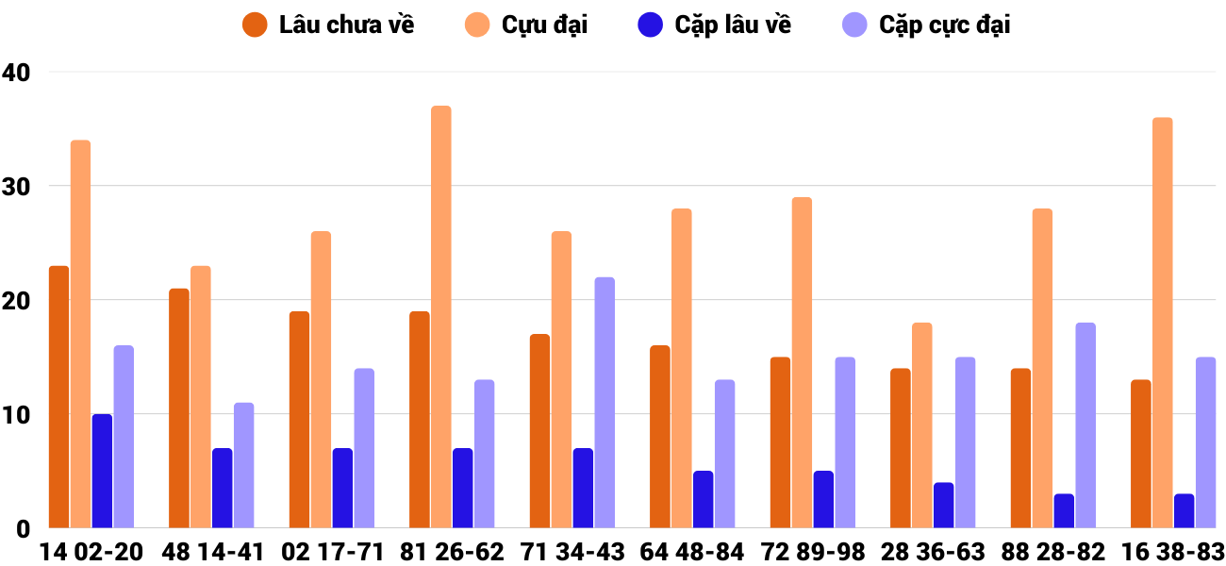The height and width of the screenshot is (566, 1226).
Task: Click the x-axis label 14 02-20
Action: point(91,552)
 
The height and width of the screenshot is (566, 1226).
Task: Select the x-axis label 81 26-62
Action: point(452,552)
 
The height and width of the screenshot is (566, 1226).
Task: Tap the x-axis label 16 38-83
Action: point(1172,552)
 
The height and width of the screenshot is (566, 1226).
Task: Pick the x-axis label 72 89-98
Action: point(812,552)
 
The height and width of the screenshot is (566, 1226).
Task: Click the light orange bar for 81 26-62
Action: point(441,317)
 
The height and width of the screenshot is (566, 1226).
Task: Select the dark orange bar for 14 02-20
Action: point(59,397)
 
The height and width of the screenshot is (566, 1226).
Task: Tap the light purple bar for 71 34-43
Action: point(605,403)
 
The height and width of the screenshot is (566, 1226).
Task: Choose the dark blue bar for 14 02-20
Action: point(102,471)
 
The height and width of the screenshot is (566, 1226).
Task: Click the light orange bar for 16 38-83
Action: point(1162,323)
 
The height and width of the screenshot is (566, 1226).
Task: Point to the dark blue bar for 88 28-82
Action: point(1064,510)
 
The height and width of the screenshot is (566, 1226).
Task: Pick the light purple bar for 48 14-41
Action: point(244,465)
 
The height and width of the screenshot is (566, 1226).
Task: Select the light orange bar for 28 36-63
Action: point(921,425)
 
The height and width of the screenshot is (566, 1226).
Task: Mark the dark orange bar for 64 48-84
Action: point(660,437)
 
